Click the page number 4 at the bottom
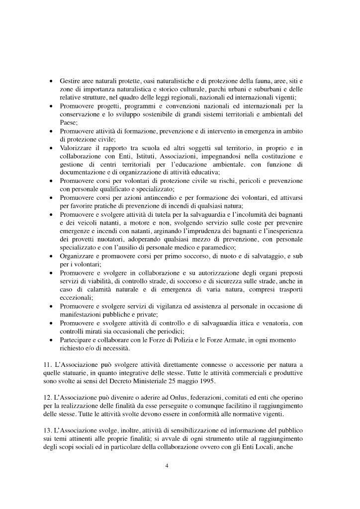167,466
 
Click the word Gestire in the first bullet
71,80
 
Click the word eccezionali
76,297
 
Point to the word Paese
69,122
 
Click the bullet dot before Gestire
51,81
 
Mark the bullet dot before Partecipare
51,341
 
